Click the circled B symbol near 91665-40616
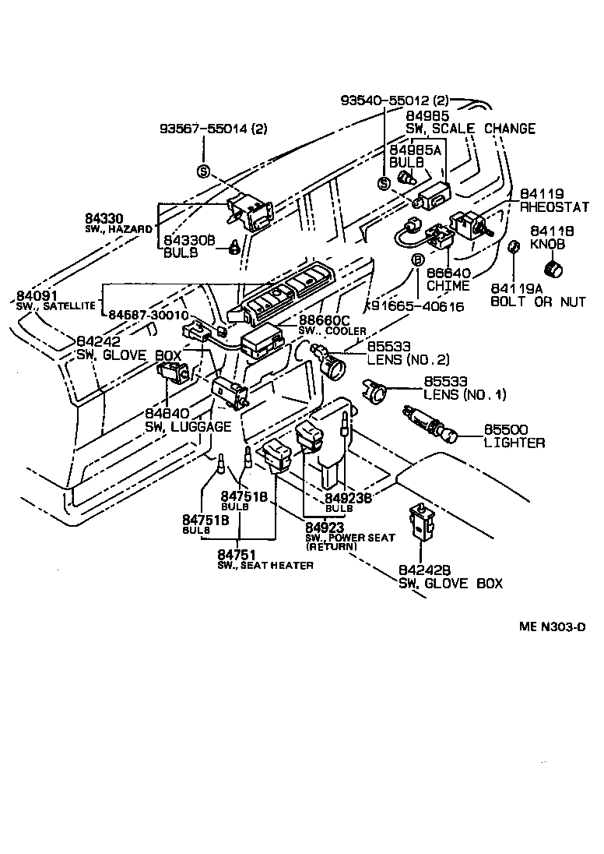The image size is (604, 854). [x=417, y=259]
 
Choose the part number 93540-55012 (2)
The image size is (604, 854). [x=395, y=101]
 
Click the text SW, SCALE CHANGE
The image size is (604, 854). [x=470, y=129]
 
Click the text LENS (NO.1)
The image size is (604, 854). [x=465, y=395]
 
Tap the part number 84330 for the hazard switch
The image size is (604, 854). [x=104, y=221]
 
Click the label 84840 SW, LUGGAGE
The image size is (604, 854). [x=188, y=420]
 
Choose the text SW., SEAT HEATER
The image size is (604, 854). [x=265, y=564]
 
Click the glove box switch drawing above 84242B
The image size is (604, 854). [x=420, y=524]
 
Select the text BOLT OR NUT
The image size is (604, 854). [x=538, y=302]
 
